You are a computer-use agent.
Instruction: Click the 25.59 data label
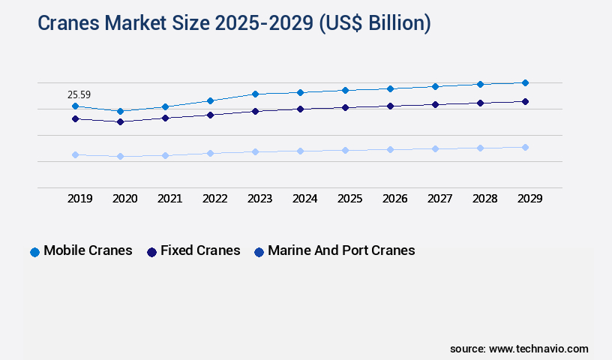(x=79, y=94)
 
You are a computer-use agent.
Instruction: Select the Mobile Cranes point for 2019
(x=75, y=106)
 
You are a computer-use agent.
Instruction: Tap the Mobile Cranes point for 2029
(x=525, y=82)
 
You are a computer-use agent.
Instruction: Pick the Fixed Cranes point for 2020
(x=120, y=121)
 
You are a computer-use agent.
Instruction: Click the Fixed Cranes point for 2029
(x=525, y=101)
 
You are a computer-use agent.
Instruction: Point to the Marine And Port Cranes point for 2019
(x=75, y=154)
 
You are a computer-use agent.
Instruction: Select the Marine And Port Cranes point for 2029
(x=525, y=147)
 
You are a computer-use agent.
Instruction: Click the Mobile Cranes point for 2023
(x=255, y=94)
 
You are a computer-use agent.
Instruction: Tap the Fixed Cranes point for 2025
(x=345, y=107)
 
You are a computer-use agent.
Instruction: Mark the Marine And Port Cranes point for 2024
(x=300, y=151)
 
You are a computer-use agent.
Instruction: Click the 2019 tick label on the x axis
(x=80, y=199)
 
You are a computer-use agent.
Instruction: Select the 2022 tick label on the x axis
(x=215, y=199)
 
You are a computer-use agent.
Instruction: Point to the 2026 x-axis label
(x=395, y=199)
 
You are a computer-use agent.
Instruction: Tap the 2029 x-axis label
(x=530, y=199)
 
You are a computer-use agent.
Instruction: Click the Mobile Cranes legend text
(x=88, y=250)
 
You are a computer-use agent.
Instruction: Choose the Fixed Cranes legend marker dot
(x=151, y=252)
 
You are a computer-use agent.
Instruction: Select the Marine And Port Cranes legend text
(x=341, y=250)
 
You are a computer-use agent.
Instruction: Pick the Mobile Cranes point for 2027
(x=435, y=86)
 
